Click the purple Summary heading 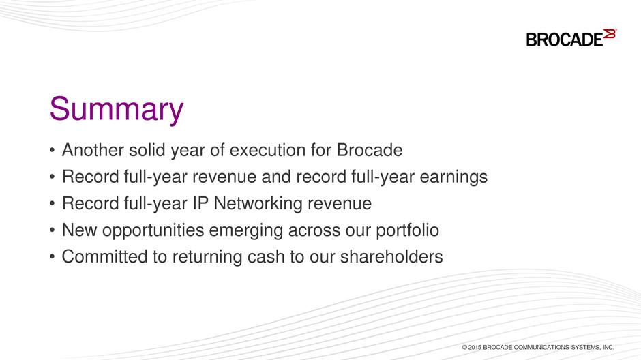pyautogui.click(x=117, y=109)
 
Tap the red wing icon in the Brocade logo pyautogui.click(x=609, y=34)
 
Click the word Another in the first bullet pyautogui.click(x=93, y=150)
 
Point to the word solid pyautogui.click(x=147, y=150)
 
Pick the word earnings pyautogui.click(x=453, y=177)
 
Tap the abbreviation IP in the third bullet pyautogui.click(x=200, y=203)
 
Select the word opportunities pyautogui.click(x=153, y=230)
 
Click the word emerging pyautogui.click(x=246, y=230)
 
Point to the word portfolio pyautogui.click(x=407, y=230)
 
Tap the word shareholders pyautogui.click(x=391, y=256)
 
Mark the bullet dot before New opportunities pyautogui.click(x=52, y=230)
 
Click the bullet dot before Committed pyautogui.click(x=52, y=257)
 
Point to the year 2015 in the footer pyautogui.click(x=475, y=347)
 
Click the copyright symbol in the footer pyautogui.click(x=464, y=347)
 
